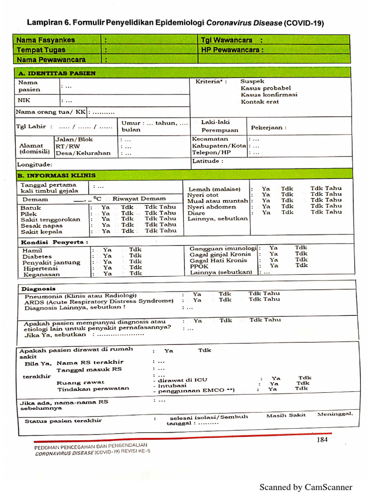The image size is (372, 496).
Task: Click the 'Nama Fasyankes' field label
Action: (x=46, y=40)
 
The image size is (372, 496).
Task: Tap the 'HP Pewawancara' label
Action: (x=232, y=49)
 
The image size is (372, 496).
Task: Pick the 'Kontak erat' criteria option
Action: (x=260, y=102)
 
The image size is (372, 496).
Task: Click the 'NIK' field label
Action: (x=24, y=100)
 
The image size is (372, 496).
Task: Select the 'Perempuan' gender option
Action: (x=220, y=130)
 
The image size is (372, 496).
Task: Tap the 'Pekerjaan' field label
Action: (x=268, y=127)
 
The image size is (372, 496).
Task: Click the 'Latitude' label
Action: (x=208, y=161)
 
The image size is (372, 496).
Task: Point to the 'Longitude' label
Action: (x=34, y=165)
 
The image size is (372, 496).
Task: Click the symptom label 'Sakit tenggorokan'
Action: (x=50, y=219)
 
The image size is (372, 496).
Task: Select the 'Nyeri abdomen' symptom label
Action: (x=212, y=207)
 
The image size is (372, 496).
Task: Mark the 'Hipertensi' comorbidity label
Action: (x=40, y=268)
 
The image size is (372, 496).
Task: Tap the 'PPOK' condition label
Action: (x=199, y=266)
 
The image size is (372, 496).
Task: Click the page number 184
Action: (x=322, y=439)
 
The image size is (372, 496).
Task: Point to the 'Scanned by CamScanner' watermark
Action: (x=306, y=487)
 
